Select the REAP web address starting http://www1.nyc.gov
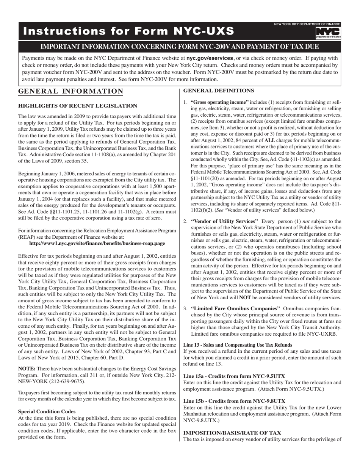(x=97, y=243)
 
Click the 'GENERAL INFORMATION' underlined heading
(x=70, y=91)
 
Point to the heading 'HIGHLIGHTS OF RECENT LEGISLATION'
(x=78, y=106)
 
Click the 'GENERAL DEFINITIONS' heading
(x=219, y=91)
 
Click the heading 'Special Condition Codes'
(x=47, y=411)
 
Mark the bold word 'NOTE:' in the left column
(x=27, y=369)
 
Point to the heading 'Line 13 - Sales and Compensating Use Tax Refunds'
(x=238, y=345)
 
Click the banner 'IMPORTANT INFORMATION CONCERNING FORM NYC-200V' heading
(x=180, y=47)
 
